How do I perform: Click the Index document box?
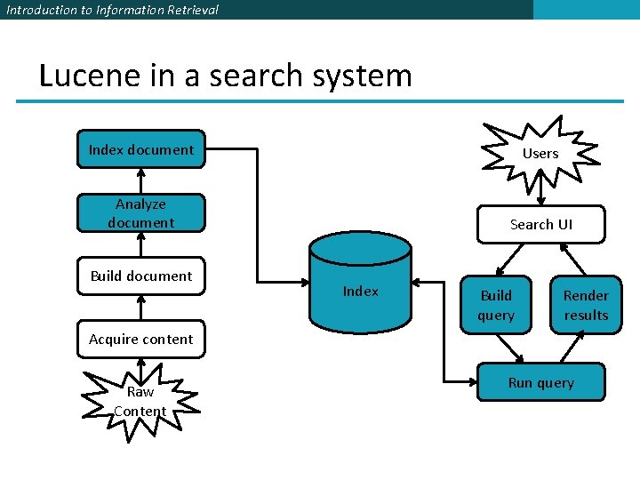coord(140,149)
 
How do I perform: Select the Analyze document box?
coord(140,213)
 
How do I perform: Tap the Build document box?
coord(140,276)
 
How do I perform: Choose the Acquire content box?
coord(140,339)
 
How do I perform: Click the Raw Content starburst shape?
coord(140,401)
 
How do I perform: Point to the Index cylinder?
coord(360,284)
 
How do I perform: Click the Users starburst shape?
coord(540,153)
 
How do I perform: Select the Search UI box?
coord(540,224)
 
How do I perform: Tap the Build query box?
coord(496,305)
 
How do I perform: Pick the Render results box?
coord(586,305)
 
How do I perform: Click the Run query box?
coord(540,382)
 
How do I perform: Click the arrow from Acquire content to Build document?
coord(140,308)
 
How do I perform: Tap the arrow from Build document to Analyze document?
coord(140,244)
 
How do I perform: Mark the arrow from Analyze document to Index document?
coord(140,181)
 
